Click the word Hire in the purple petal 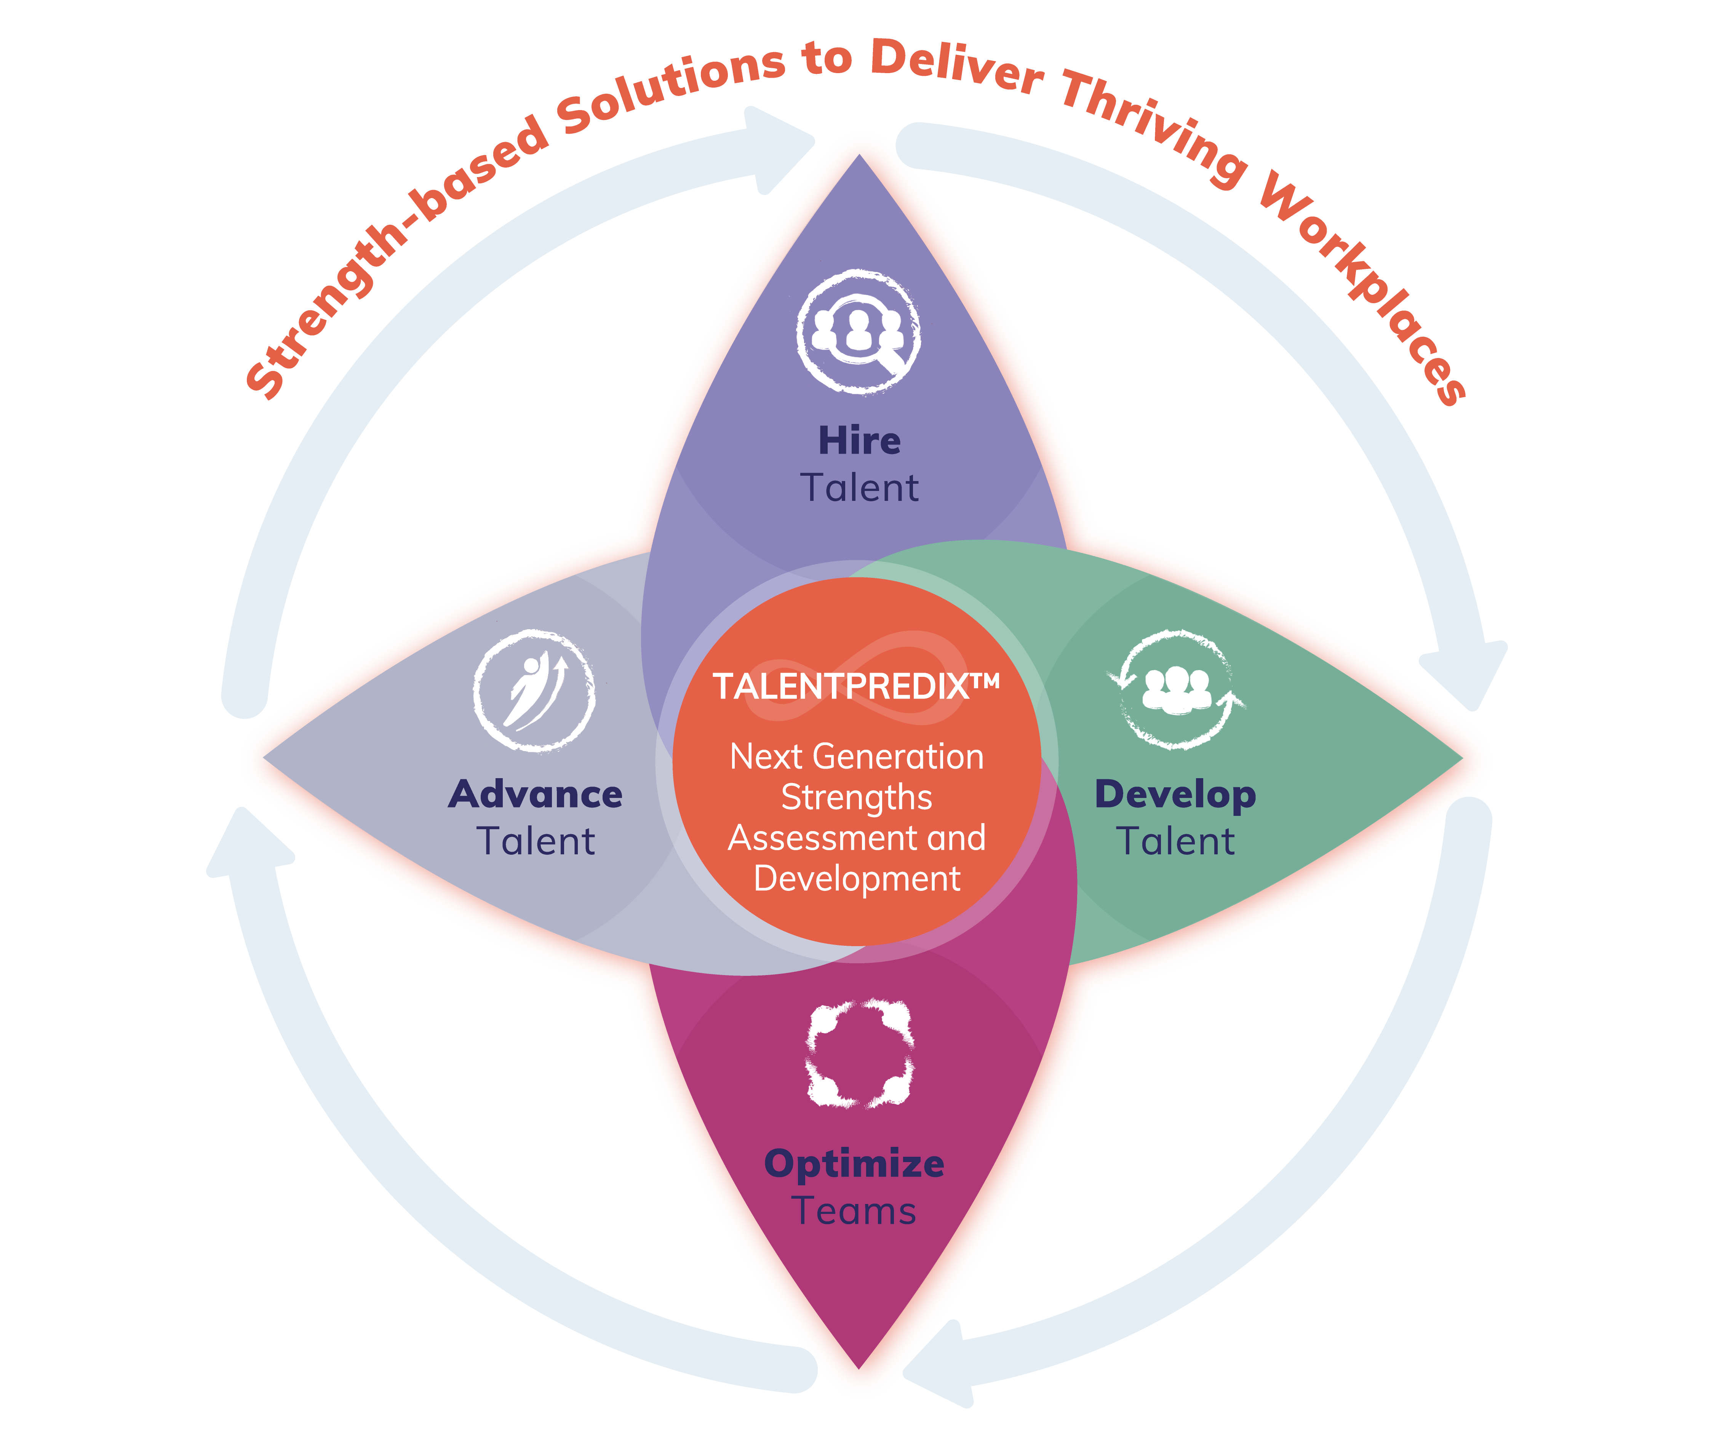coord(859,441)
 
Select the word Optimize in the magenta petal coord(854,1164)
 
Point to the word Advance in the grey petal coord(536,794)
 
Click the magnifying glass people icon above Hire coord(859,332)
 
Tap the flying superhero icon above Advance coord(535,691)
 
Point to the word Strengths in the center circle coord(856,798)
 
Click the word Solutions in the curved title coord(669,90)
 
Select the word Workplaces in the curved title coord(1363,278)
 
